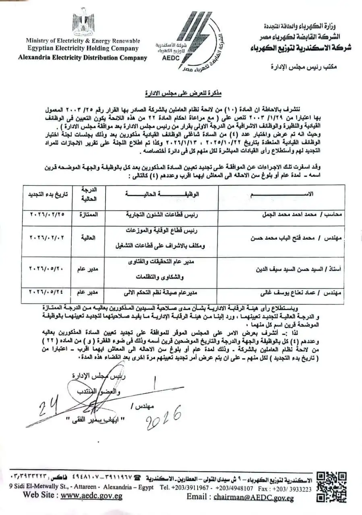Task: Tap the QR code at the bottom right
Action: [x=331, y=486]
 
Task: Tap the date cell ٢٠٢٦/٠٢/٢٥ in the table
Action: [x=48, y=215]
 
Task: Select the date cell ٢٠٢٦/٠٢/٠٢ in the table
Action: [x=48, y=238]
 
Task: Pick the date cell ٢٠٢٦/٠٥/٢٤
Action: [x=48, y=291]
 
